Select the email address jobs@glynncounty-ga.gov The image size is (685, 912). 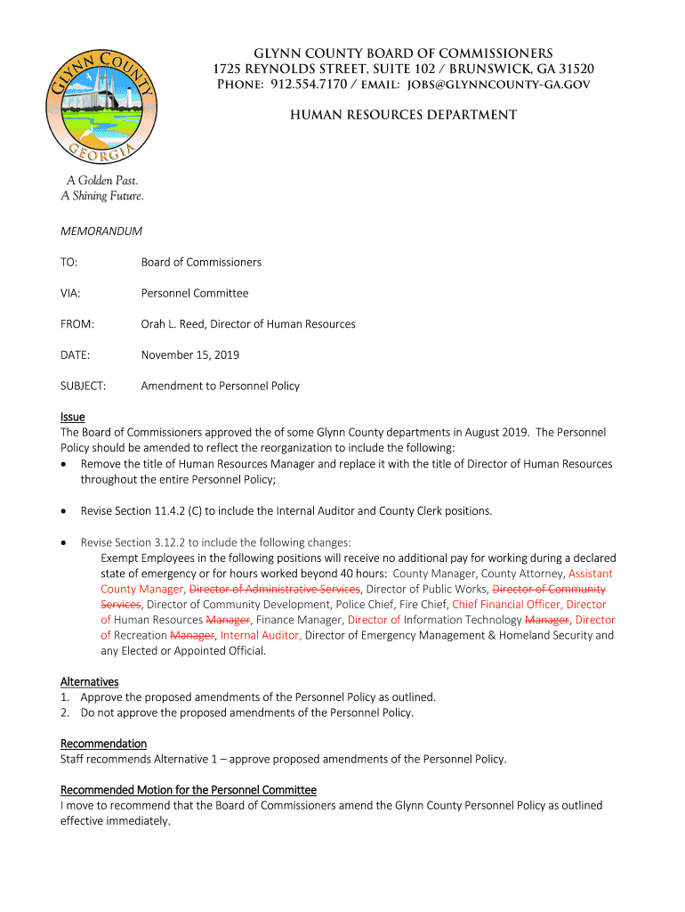[499, 85]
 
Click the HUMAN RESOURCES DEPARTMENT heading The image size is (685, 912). [403, 115]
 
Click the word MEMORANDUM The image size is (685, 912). [101, 232]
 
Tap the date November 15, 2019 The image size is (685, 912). [189, 355]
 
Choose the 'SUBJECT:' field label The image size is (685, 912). [83, 386]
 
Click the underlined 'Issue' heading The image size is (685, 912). [72, 417]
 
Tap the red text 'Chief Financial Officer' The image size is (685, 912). [505, 605]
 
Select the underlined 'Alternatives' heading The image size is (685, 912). [89, 682]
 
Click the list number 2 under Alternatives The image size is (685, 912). [65, 712]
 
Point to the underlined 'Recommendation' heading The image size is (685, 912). [103, 744]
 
